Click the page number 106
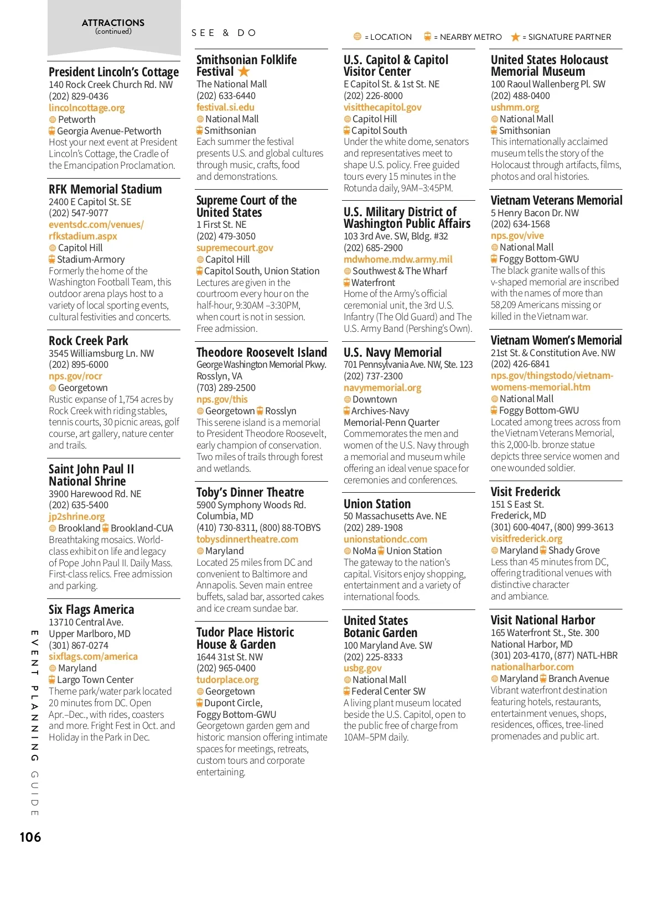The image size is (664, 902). (x=30, y=837)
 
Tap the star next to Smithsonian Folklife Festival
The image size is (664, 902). (x=244, y=72)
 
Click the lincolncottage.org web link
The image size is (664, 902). (x=86, y=108)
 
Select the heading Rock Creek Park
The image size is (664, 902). (x=89, y=341)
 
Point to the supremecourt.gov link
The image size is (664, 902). (x=235, y=248)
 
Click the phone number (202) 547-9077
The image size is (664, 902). (x=79, y=213)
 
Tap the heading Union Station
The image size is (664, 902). (x=377, y=504)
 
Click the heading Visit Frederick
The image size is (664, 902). (x=525, y=492)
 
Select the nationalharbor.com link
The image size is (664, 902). (x=532, y=667)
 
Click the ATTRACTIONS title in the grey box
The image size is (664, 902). (x=113, y=23)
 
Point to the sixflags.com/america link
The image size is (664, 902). (x=93, y=656)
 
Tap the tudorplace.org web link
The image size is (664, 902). (x=227, y=680)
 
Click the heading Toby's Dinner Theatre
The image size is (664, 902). (x=250, y=492)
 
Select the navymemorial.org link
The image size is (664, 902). (x=382, y=388)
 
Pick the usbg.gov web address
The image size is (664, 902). (x=362, y=668)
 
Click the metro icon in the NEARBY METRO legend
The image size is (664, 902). (x=427, y=37)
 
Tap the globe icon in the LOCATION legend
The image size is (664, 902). (x=357, y=37)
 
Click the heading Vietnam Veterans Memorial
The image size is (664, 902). (x=556, y=200)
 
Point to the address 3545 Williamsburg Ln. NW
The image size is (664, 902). (x=101, y=353)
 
